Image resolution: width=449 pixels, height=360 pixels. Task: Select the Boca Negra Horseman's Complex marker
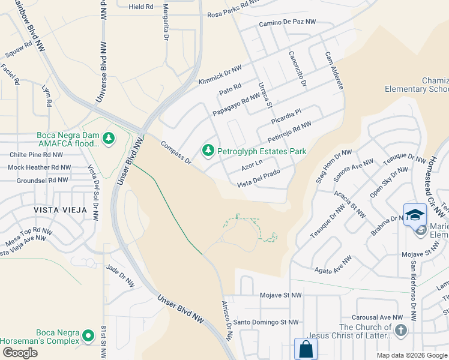(x=89, y=335)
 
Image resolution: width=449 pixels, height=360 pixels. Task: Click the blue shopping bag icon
(x=305, y=349)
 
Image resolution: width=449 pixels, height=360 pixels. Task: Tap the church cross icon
(x=401, y=330)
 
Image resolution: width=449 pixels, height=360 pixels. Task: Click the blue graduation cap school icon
(x=415, y=215)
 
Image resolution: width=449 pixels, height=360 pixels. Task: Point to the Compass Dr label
(x=175, y=153)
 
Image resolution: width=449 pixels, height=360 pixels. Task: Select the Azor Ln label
(x=252, y=163)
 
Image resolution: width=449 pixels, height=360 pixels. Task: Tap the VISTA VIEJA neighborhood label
(x=61, y=210)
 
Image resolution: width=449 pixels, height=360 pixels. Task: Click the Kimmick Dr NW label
(x=220, y=76)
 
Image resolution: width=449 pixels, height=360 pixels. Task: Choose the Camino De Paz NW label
(x=287, y=22)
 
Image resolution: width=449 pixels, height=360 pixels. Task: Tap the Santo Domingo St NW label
(x=266, y=322)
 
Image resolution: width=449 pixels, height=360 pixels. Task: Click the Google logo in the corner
(x=20, y=353)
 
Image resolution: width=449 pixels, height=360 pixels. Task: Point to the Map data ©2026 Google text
(x=411, y=355)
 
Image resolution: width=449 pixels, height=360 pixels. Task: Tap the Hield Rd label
(x=141, y=7)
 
